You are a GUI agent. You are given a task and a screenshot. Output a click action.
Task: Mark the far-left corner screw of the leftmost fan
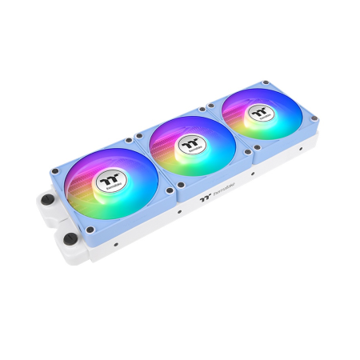(x=53, y=171)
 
